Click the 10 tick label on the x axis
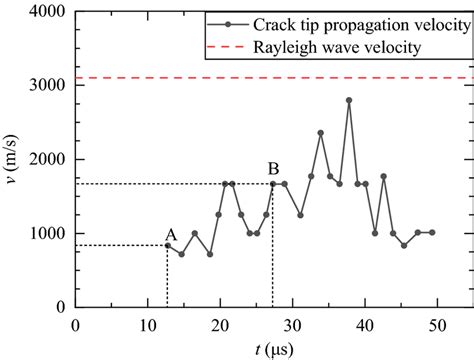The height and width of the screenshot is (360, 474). point(148,324)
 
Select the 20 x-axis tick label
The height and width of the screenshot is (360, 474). point(220,324)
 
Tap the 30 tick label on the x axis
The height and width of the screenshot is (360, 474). point(292,324)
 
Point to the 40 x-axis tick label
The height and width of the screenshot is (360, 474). point(364,324)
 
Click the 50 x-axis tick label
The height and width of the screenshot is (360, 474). point(436,324)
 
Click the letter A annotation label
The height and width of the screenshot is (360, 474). point(170,234)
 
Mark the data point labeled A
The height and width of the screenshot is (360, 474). point(167,245)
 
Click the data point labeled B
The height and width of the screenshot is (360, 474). point(273,184)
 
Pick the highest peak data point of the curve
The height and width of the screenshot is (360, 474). point(349,100)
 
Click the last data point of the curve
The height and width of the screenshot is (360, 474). point(431,232)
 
